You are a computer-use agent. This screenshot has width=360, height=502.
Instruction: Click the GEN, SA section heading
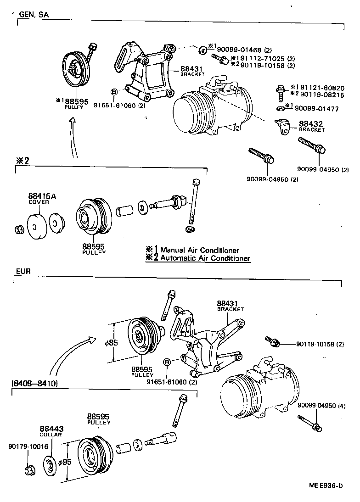click(34, 14)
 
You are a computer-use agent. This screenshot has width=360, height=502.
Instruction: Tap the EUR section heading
click(23, 271)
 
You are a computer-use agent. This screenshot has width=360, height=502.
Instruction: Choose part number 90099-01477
click(320, 109)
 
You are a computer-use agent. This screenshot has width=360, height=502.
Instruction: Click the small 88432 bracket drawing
click(283, 126)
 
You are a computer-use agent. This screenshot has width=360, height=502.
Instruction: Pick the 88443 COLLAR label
click(51, 431)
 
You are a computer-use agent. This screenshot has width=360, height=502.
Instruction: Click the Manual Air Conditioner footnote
click(199, 250)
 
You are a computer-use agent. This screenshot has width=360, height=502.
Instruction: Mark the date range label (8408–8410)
click(34, 384)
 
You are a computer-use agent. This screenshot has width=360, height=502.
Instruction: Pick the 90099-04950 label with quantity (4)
click(321, 406)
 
